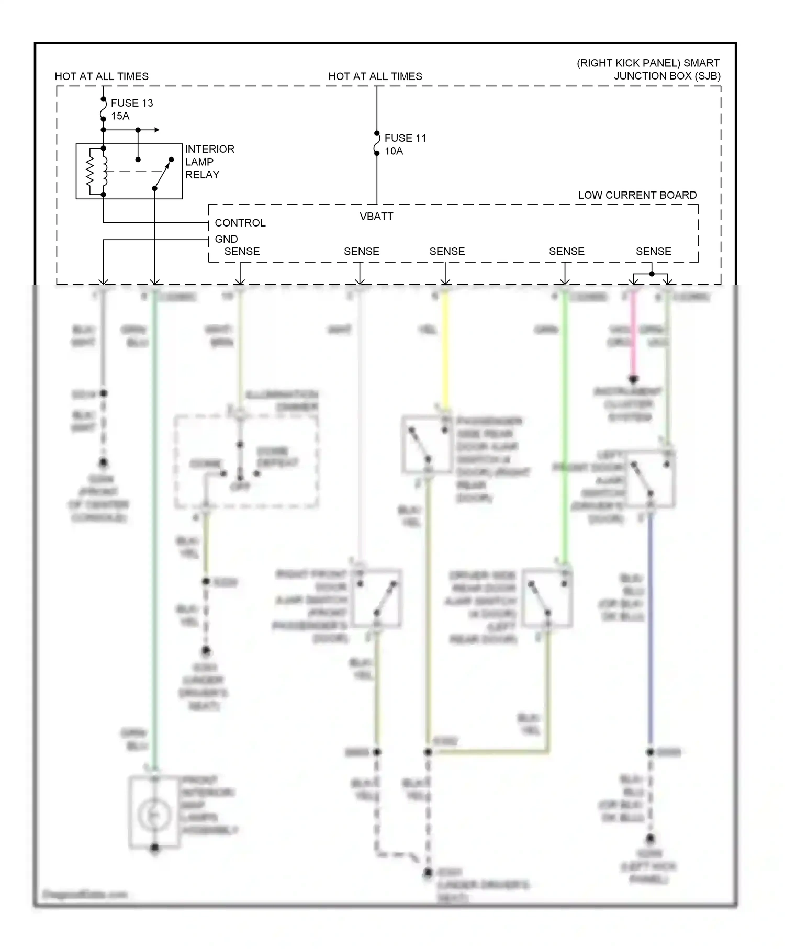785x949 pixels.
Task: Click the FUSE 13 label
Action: coord(132,103)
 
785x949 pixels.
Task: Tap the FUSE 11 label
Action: coord(405,138)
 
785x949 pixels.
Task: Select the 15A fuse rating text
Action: coord(120,116)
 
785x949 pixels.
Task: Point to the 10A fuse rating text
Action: coord(394,151)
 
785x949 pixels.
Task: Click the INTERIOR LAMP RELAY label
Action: coord(209,162)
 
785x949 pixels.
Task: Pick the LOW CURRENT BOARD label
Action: coord(637,195)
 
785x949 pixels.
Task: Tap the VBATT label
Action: coord(376,216)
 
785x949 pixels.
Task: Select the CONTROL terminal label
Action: coord(240,223)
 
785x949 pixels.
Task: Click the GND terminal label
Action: coord(226,239)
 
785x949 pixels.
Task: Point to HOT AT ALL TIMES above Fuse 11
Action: coord(375,76)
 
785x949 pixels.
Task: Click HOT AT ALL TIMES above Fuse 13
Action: coord(102,76)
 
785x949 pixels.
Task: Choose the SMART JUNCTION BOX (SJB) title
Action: coord(648,70)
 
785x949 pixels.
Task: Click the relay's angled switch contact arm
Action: coord(163,174)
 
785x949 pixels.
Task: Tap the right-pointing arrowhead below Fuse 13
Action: coord(156,130)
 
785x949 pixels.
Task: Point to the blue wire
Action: coord(651,628)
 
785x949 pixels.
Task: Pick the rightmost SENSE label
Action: coord(653,252)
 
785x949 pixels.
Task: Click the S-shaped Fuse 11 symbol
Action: coord(376,143)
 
